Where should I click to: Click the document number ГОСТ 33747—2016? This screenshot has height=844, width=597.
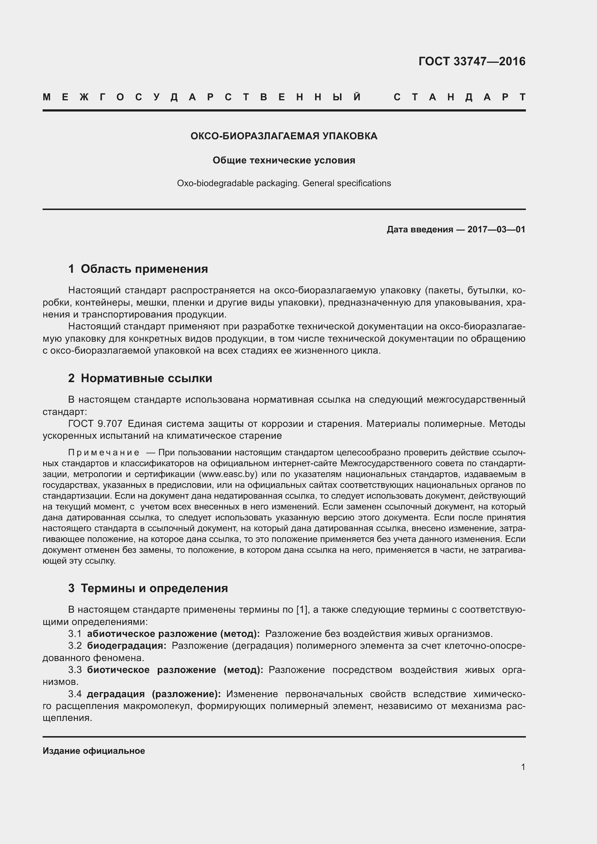472,61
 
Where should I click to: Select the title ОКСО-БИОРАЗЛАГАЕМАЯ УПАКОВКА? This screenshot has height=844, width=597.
284,136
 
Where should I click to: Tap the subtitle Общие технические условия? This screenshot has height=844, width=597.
284,160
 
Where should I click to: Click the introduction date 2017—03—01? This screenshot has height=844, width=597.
496,230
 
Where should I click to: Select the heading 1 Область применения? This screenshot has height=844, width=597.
138,269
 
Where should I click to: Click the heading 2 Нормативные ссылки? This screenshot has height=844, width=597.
140,378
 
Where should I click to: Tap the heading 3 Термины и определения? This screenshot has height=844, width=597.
148,588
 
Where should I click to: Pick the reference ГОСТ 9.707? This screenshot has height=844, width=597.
95,424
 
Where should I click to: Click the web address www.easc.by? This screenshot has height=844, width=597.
228,474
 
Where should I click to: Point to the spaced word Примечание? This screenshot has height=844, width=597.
104,452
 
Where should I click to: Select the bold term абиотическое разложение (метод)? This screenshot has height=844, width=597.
173,634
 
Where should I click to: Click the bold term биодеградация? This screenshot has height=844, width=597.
126,646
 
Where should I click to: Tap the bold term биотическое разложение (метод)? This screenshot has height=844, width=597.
175,670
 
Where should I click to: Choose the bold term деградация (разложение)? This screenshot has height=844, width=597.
154,694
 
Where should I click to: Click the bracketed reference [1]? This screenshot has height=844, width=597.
301,610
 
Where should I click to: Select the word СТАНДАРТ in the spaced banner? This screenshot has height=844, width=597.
459,97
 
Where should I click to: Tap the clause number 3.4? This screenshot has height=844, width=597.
75,694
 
